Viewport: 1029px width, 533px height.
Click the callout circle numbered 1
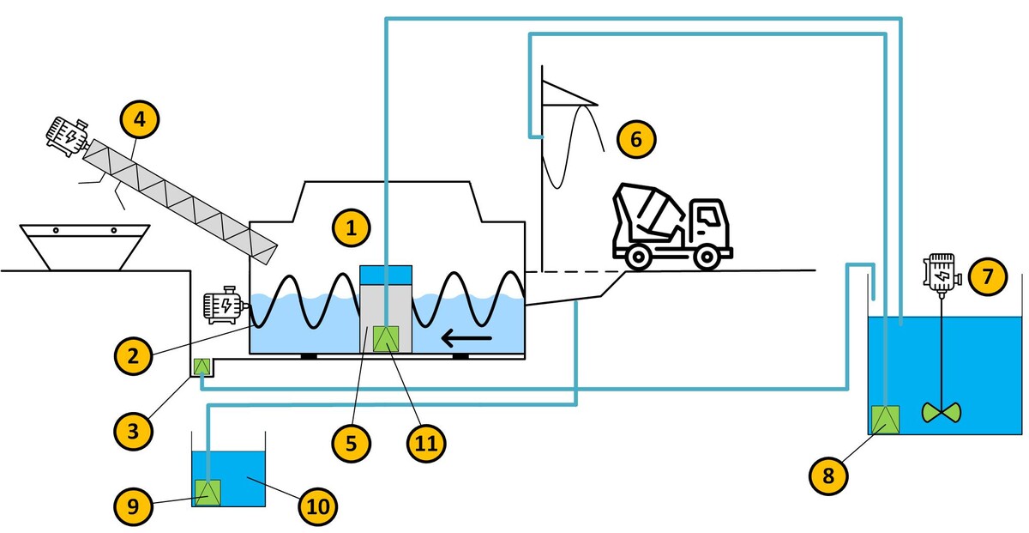351,228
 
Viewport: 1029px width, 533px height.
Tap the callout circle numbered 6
635,138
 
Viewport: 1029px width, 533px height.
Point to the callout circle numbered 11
426,442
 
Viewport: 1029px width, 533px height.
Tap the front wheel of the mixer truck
705,257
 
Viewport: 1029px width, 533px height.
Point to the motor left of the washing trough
222,306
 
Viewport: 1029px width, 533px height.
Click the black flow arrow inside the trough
466,339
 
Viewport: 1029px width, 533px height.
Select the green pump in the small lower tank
208,492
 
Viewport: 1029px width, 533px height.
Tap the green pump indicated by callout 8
884,420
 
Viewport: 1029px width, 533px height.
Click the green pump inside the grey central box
385,339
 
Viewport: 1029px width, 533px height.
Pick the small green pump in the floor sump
202,366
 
